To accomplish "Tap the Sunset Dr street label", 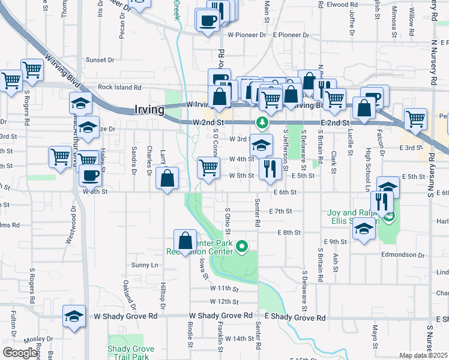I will [100, 60].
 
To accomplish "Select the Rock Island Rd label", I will [119, 87].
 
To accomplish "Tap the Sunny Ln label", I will [145, 265].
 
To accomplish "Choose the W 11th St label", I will [224, 288].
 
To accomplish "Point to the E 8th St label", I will [288, 232].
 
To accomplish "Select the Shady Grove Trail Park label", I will [127, 353].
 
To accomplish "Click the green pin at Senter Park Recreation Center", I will [242, 246].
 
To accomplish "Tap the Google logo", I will [20, 353].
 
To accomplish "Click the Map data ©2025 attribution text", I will [423, 355].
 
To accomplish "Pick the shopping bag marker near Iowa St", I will [185, 241].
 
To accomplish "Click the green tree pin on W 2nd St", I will [262, 123].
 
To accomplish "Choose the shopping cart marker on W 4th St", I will [208, 167].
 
